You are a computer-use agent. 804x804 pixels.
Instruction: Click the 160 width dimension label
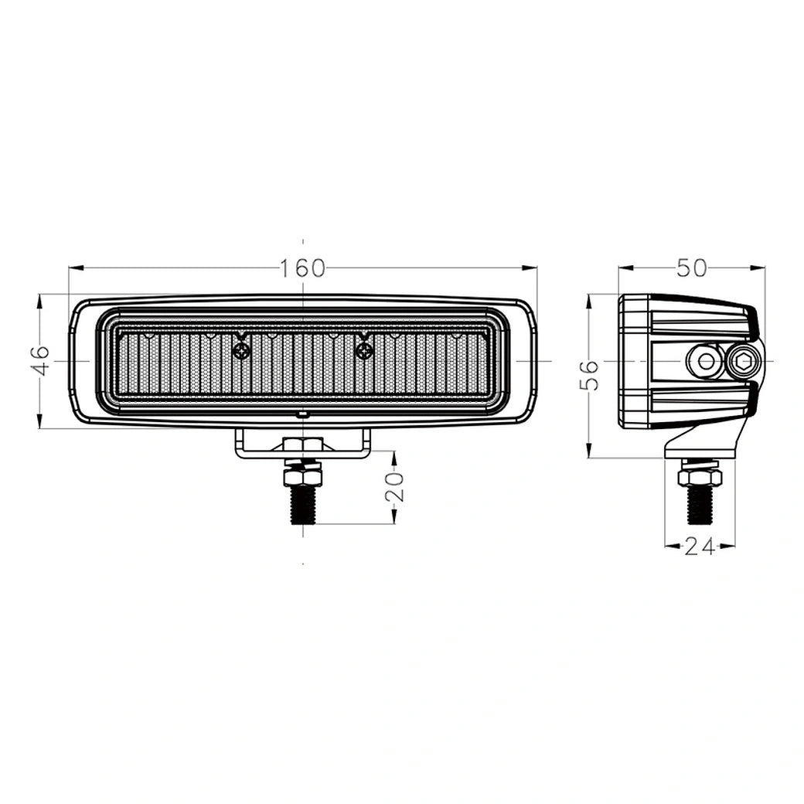point(303,268)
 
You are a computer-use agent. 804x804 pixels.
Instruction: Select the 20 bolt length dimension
point(393,487)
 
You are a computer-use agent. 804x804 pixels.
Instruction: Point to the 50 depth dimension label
point(691,268)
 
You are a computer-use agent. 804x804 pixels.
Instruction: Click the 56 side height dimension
point(590,376)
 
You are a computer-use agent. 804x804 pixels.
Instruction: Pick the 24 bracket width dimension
point(699,547)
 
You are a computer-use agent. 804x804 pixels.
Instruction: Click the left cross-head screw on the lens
point(242,351)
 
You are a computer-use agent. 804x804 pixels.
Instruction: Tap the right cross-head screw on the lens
point(364,351)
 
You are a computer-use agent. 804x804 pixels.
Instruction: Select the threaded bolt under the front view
point(302,503)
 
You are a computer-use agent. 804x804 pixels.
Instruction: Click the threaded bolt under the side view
point(700,505)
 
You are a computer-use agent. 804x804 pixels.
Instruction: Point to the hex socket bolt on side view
point(744,360)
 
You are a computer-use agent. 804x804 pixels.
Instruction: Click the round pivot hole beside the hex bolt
point(706,360)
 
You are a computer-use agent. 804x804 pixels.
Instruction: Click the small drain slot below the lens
point(302,415)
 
